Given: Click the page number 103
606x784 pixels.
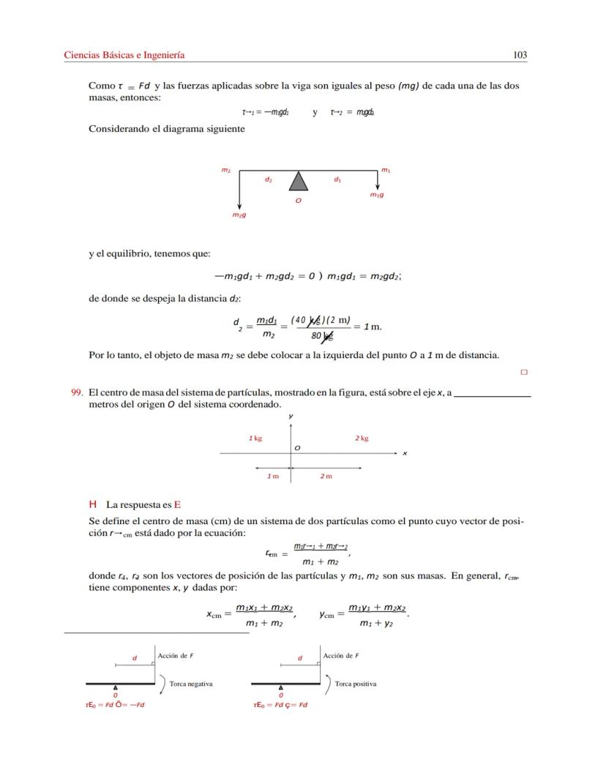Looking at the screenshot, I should click(520, 55).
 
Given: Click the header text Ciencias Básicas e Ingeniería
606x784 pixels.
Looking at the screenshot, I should click(124, 55).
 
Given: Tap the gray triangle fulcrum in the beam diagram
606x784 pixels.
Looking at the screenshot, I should click(297, 182).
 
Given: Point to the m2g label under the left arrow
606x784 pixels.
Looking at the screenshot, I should click(239, 215).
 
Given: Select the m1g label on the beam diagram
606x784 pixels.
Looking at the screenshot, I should click(377, 195).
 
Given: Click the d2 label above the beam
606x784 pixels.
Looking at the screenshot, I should click(269, 179).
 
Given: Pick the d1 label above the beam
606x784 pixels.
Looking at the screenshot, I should click(337, 179).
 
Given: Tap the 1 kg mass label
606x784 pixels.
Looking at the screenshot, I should click(255, 438).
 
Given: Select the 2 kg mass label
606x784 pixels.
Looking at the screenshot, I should click(362, 438).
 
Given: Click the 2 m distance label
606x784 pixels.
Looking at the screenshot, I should click(326, 476).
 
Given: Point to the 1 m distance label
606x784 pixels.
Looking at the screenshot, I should click(272, 476).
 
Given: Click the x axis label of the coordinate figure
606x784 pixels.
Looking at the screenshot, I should click(405, 453).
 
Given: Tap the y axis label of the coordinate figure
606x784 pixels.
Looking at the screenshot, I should click(291, 416).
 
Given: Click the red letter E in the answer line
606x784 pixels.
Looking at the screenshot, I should click(177, 504).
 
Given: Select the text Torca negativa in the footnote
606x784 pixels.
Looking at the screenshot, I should click(190, 684).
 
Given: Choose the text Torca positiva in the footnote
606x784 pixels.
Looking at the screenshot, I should click(355, 684).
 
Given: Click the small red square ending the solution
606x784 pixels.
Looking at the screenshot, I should click(523, 372).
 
